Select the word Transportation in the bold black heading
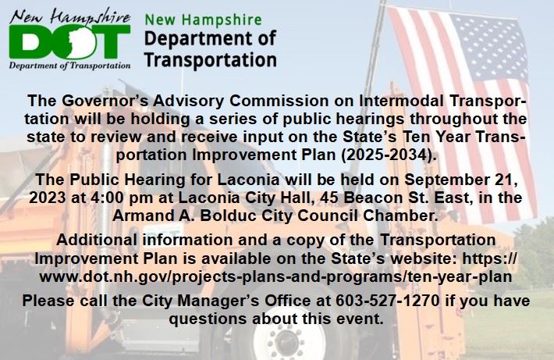211,59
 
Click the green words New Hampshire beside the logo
195,19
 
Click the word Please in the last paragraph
49,301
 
